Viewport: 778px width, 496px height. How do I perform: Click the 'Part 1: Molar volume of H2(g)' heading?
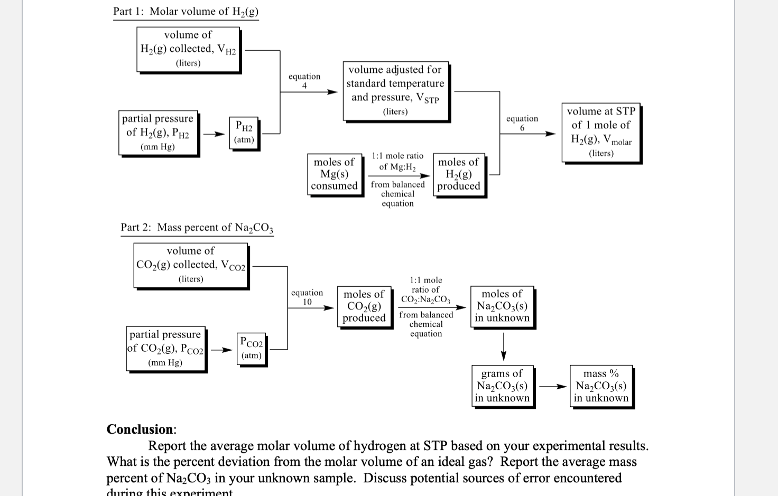point(186,12)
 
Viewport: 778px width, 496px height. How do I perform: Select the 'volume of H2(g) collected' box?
point(188,49)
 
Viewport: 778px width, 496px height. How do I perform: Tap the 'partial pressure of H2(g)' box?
point(158,133)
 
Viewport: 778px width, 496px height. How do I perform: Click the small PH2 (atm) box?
point(244,133)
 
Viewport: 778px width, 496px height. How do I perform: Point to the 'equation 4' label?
point(304,81)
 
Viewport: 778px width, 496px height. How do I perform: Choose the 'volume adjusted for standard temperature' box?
point(395,90)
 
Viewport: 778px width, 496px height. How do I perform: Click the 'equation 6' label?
point(522,123)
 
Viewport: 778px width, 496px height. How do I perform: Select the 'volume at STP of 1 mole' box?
point(601,132)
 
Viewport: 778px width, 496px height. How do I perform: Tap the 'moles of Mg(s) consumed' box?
point(334,174)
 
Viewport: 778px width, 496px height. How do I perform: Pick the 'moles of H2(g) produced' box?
point(459,174)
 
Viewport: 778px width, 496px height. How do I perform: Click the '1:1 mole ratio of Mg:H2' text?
point(397,161)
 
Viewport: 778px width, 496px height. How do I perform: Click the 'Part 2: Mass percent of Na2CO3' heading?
point(197,228)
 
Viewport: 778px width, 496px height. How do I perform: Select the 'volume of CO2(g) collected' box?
point(191,265)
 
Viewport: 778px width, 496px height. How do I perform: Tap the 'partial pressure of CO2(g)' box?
point(165,349)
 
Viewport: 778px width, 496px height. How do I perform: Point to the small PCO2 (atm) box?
point(251,349)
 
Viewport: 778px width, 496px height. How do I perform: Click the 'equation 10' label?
point(307,297)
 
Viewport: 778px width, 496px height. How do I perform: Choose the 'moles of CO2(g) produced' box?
point(364,306)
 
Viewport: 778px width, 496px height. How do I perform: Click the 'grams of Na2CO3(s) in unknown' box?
point(502,386)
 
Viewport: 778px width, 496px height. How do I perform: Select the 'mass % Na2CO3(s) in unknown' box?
point(601,386)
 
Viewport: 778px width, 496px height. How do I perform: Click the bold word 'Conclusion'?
point(140,429)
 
